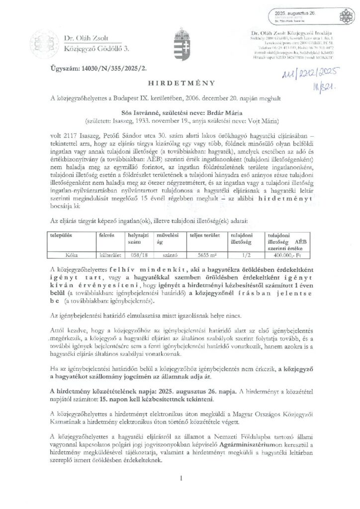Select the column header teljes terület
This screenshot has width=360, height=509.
pyautogui.click(x=200, y=234)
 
